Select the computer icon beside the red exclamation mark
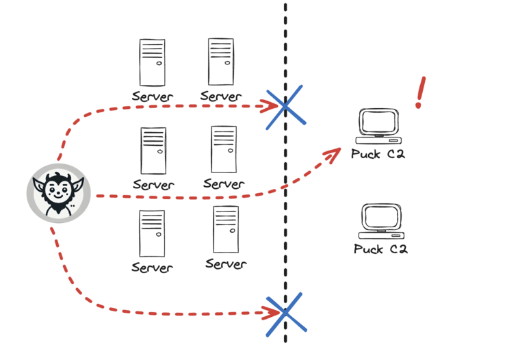(379, 126)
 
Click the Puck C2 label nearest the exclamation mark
(378, 154)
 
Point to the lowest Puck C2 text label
(380, 248)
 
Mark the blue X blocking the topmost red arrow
(285, 106)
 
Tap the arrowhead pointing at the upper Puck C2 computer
(334, 154)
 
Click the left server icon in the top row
(152, 62)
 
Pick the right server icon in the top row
(220, 62)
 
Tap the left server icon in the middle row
(153, 151)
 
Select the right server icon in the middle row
(224, 149)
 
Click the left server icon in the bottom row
(152, 233)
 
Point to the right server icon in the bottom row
(226, 229)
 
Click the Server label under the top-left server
(153, 97)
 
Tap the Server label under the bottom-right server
(226, 263)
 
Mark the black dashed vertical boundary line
(285, 205)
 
